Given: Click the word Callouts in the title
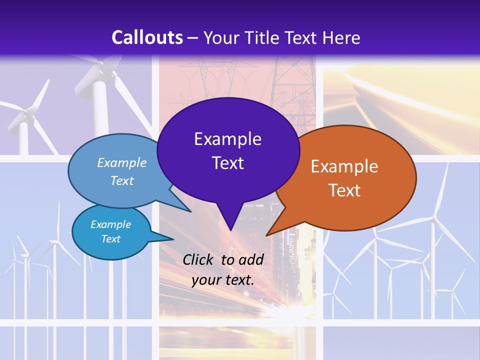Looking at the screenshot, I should (147, 37).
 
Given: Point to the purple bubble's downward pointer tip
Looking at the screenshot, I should (230, 230).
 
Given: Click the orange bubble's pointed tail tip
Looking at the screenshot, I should (267, 235).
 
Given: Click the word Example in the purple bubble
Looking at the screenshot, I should (227, 139).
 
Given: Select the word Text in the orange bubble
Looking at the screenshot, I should (344, 190).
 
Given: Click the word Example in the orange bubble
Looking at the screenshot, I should (344, 166).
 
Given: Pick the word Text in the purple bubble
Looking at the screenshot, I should (227, 163).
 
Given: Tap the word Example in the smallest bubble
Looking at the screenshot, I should (110, 224).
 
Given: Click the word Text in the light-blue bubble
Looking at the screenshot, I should (122, 180).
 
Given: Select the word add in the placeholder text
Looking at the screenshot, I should (251, 259).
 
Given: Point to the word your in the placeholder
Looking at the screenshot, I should (206, 280).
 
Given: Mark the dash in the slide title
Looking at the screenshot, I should (193, 38).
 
